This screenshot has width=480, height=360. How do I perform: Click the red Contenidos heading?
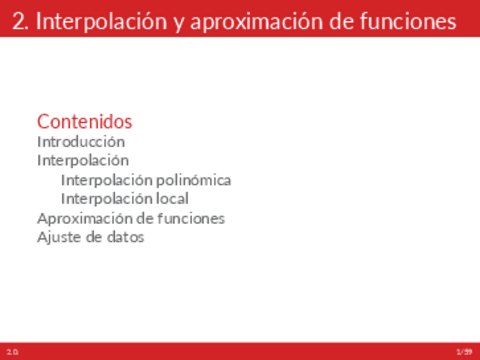(84, 121)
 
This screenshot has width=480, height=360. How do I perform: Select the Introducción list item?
(81, 142)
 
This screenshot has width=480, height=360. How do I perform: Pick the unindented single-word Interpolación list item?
(83, 160)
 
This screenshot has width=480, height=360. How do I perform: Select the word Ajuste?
(58, 238)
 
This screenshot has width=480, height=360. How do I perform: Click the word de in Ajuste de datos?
(91, 238)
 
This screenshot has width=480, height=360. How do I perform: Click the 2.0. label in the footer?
(12, 351)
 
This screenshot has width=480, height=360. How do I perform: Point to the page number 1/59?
(463, 351)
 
